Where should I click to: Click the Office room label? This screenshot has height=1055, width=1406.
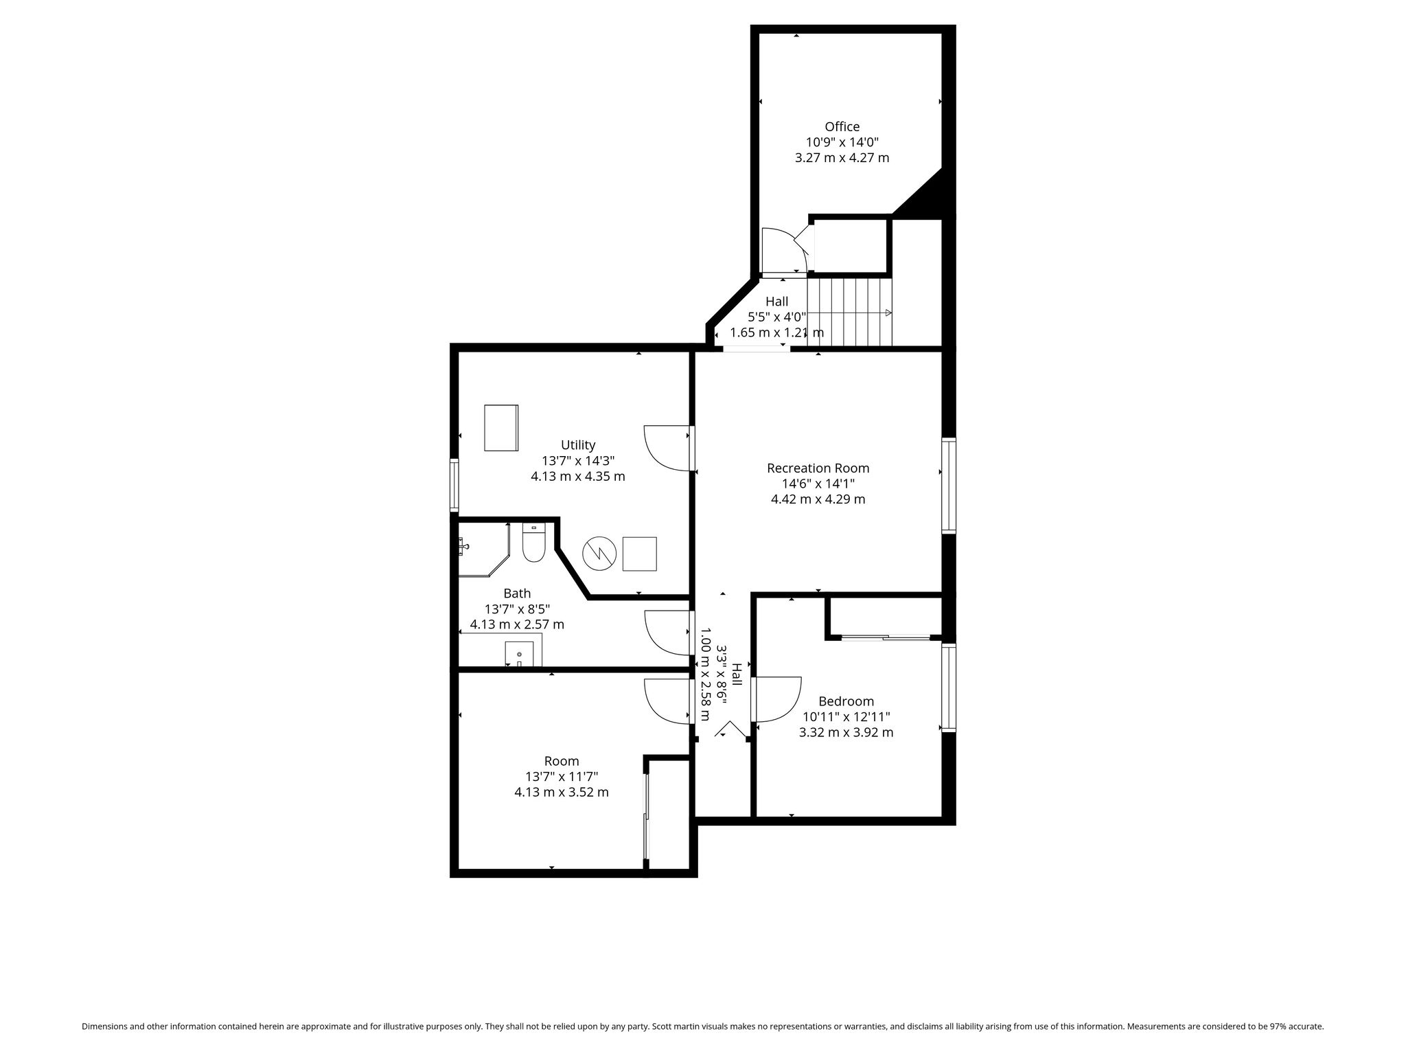point(842,127)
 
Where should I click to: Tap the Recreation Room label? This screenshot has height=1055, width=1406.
point(818,468)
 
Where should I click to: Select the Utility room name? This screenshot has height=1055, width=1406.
point(578,445)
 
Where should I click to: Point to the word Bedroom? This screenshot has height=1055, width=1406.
point(846,701)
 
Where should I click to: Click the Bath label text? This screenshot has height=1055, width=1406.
point(517,593)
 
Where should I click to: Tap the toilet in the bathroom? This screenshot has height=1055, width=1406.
point(533,543)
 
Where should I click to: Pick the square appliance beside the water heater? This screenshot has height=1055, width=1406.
point(639,554)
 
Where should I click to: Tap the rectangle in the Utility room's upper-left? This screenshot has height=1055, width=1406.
point(501,428)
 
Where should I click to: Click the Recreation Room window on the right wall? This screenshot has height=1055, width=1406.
point(948,486)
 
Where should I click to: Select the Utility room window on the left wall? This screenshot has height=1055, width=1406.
point(454,485)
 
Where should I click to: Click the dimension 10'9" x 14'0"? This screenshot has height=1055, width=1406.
point(842,142)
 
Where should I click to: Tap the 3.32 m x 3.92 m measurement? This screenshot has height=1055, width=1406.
point(846,732)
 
